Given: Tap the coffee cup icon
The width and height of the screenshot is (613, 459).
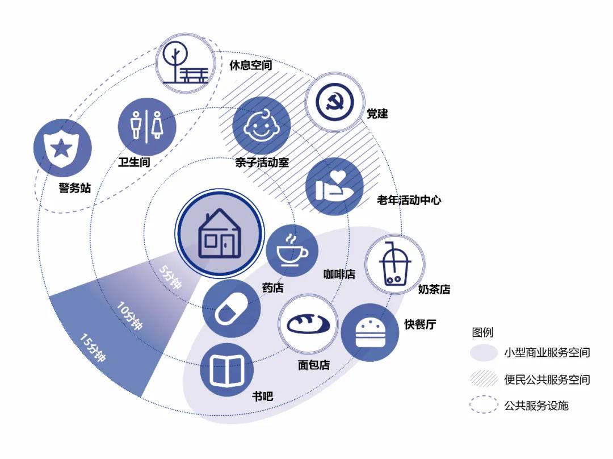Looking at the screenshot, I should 292,251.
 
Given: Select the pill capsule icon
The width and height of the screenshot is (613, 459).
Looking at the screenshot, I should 231,309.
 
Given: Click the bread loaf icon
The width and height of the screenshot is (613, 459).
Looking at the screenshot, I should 308,324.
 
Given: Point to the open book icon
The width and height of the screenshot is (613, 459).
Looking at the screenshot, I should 226,370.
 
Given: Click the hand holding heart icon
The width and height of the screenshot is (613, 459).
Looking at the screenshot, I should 334,186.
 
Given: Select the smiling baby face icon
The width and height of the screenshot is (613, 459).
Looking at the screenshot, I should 262,126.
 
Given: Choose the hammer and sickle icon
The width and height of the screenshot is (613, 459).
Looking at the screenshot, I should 334,102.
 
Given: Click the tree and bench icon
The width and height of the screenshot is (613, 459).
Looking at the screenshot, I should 186,63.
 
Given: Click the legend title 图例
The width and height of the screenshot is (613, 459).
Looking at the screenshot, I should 482,332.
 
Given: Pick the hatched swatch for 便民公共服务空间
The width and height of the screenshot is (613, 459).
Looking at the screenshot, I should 484,379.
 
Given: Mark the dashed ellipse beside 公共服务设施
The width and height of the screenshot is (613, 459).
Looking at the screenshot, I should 484,406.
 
